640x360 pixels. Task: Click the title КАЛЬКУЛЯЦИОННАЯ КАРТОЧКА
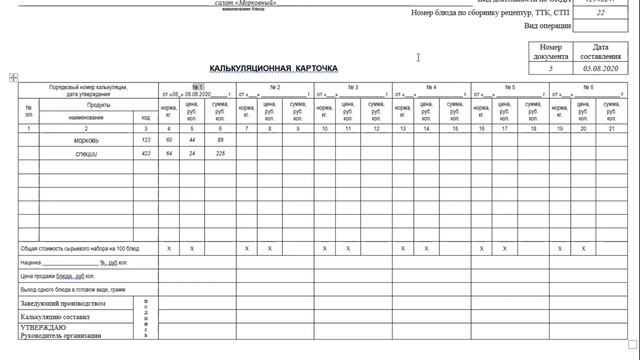pos(273,68)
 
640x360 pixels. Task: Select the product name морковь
pos(86,141)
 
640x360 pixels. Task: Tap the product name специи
pos(86,154)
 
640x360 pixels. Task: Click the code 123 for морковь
pos(146,141)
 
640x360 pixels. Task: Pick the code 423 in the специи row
pos(146,154)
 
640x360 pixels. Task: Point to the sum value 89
pos(220,141)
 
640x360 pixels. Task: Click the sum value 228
pos(220,154)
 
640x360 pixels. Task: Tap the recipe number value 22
pos(600,14)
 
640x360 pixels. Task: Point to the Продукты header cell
pos(98,105)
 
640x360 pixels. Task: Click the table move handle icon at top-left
pos(13,77)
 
